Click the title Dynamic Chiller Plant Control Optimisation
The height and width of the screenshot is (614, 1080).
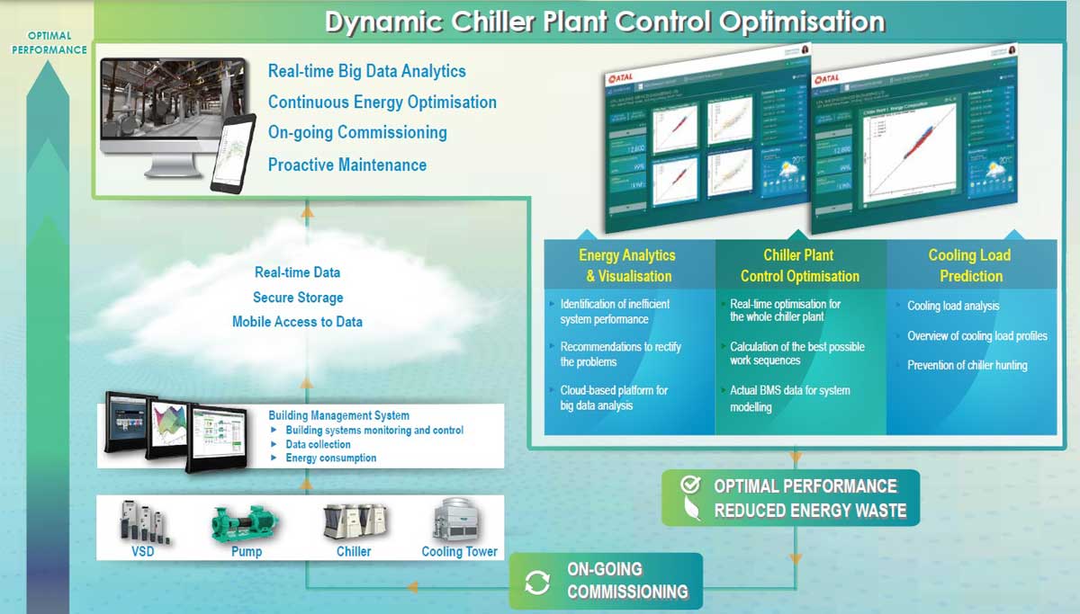(x=604, y=22)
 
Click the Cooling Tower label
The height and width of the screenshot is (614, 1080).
(x=459, y=552)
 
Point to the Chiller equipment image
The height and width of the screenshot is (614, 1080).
(x=353, y=521)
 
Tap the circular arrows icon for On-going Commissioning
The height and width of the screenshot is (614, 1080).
(x=537, y=582)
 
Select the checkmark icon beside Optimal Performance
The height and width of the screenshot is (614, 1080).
(x=690, y=485)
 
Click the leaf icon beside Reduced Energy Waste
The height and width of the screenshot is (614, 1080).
(x=690, y=511)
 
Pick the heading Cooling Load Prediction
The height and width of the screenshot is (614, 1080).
(x=969, y=266)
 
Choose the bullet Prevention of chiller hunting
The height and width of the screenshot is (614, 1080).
(x=967, y=365)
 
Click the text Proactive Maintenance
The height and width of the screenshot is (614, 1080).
(x=347, y=165)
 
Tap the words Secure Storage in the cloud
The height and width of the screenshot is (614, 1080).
(x=298, y=298)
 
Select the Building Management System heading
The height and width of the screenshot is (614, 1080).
(x=338, y=415)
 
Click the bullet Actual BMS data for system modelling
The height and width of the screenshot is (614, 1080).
(x=789, y=398)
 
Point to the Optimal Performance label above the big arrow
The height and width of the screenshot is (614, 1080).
(x=49, y=43)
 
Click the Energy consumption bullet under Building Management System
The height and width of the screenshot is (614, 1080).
(x=330, y=458)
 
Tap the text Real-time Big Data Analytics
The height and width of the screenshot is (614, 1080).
(x=367, y=71)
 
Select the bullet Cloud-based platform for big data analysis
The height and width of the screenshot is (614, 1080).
(x=614, y=398)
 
